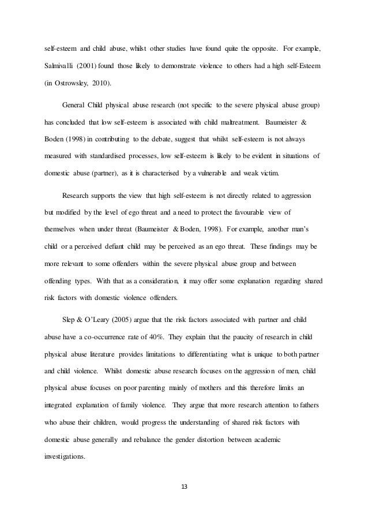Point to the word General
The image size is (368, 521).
click(73, 107)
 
